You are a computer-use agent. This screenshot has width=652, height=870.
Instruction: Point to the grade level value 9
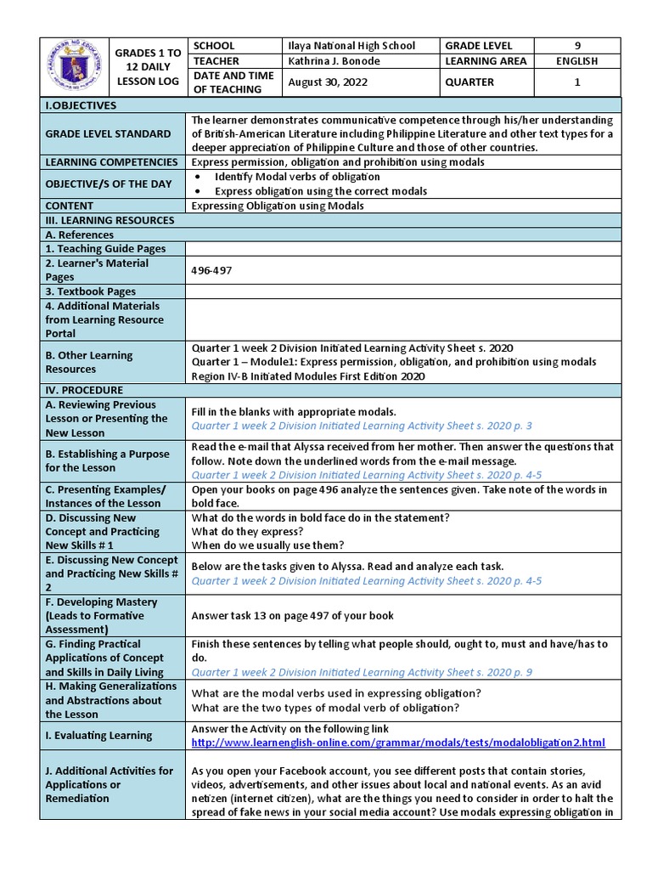coord(577,46)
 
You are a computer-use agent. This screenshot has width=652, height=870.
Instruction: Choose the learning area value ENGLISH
coord(577,61)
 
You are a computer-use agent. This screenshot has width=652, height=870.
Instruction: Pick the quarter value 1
coord(577,82)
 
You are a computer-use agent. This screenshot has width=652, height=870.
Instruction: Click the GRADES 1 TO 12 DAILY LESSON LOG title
coord(143,67)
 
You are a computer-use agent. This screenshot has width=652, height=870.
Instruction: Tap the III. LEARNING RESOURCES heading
coord(110,220)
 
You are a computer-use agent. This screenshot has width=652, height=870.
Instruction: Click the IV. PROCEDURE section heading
coord(84,390)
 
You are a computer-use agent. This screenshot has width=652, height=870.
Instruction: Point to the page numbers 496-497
coord(211,270)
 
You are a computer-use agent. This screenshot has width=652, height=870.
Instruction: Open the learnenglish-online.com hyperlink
coord(398,743)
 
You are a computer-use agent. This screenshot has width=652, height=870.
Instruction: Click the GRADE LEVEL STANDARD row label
coord(108,133)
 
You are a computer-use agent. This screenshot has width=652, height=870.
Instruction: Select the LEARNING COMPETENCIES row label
coord(111,161)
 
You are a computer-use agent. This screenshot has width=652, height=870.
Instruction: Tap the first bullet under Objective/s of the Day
coord(297,177)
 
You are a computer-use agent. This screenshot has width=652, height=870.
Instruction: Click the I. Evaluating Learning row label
coord(98,736)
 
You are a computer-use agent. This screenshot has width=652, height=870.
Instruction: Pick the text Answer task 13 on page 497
coord(292,615)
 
